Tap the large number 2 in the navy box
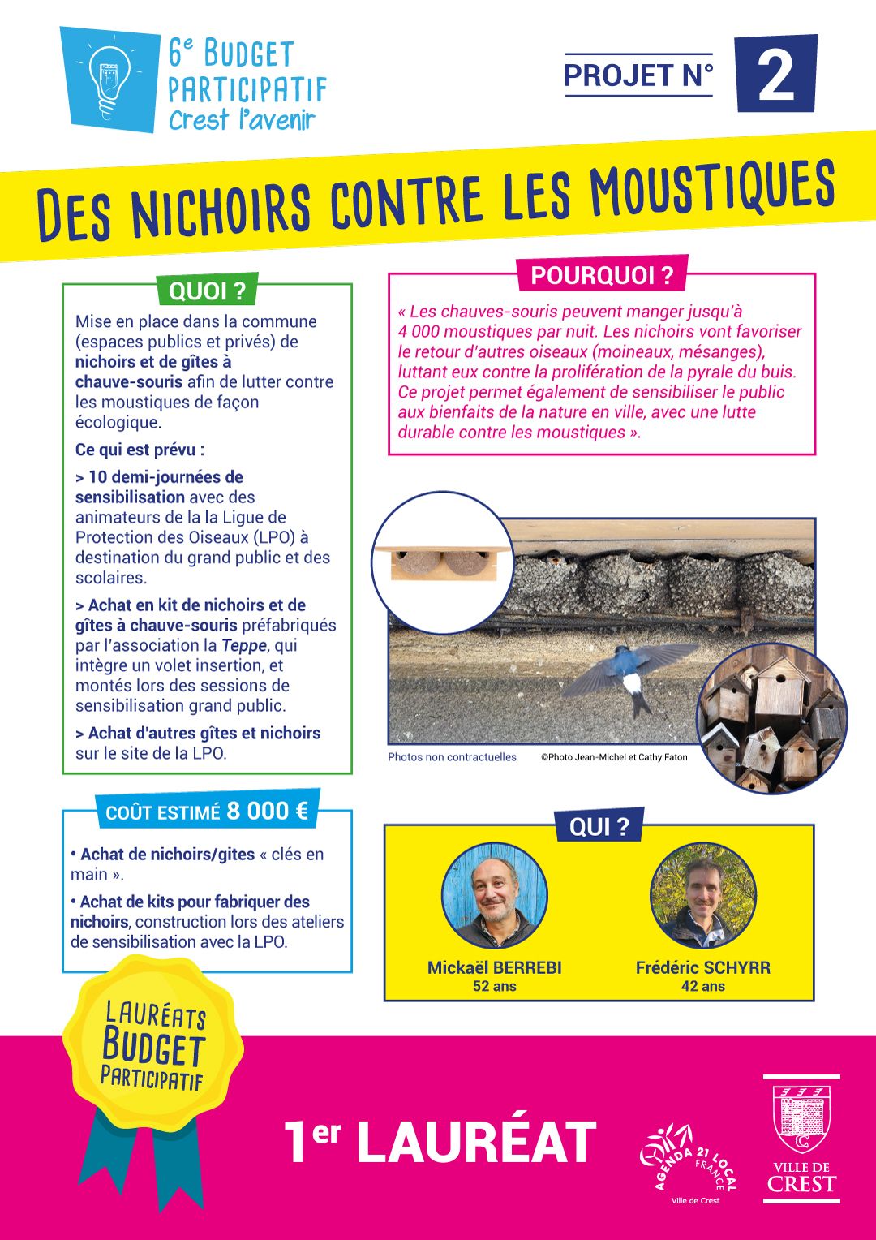[x=775, y=75]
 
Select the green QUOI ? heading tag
[x=207, y=291]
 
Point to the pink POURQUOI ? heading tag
[x=602, y=275]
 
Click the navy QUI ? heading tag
[x=599, y=826]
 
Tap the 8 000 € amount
[x=268, y=811]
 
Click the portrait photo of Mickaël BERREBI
[x=495, y=896]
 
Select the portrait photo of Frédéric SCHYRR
[x=703, y=896]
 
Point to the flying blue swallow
[x=628, y=670]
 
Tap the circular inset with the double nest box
[x=443, y=562]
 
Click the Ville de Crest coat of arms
[x=801, y=1119]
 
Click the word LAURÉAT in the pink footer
[x=476, y=1142]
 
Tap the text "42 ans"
[x=703, y=987]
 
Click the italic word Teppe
[x=244, y=645]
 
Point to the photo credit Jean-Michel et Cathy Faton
[x=614, y=757]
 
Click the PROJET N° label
[x=638, y=75]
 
